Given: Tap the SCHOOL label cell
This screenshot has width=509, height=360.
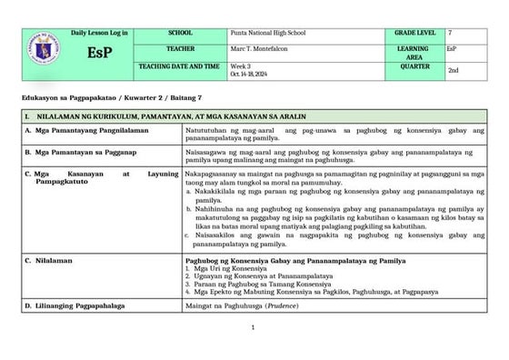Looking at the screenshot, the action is point(180,33).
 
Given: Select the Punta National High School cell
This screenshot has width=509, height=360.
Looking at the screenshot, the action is point(267,33).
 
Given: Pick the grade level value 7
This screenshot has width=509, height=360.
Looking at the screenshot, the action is point(450,33).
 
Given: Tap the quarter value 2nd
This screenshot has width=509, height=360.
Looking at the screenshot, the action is point(453,70).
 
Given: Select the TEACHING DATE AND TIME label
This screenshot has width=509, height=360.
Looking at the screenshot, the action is point(180,66).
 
